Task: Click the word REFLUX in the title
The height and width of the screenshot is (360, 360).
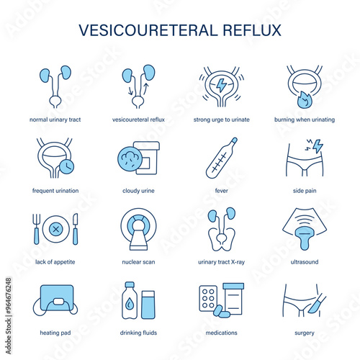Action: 252,30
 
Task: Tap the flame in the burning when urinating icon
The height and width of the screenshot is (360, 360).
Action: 304,99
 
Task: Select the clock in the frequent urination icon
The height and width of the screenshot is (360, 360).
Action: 66,166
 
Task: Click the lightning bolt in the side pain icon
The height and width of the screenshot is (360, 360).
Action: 318,146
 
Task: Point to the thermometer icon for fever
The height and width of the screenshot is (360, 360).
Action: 222,158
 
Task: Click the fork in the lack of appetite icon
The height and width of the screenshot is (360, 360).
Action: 36,229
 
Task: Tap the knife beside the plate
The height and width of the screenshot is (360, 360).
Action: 76,229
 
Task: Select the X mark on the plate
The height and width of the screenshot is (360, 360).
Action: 56,229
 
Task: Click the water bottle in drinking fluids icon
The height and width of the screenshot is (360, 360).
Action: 130,300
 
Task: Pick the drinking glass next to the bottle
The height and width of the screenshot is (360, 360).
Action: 148,305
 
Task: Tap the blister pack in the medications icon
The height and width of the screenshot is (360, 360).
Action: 208,298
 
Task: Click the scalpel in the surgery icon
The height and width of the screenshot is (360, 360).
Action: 317,304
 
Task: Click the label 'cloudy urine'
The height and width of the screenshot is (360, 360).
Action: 138,191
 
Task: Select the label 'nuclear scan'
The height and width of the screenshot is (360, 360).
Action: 138,262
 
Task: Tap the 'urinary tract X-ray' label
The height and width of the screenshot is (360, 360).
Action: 221,262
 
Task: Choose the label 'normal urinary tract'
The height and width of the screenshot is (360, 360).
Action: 55,120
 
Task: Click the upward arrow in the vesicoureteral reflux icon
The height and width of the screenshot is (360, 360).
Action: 146,89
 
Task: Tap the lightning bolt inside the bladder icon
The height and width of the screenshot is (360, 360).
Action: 221,86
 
